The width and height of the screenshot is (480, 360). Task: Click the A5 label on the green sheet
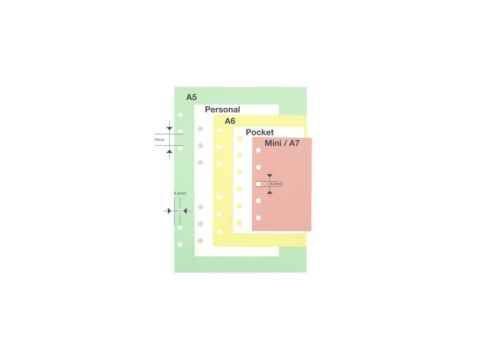[x=191, y=97]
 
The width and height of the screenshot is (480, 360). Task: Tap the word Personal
[x=222, y=110]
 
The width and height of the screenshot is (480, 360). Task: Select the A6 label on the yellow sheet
[x=230, y=121]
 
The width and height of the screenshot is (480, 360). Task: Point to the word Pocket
[x=260, y=132]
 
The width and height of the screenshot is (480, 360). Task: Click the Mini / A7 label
[x=282, y=143]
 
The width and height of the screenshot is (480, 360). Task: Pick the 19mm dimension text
[x=159, y=140]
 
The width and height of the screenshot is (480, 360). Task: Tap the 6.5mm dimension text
[x=180, y=193]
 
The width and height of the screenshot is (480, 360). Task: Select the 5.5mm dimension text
[x=277, y=184]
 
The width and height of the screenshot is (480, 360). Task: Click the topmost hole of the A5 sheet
[x=180, y=114]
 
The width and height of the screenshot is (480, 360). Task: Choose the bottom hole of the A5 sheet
[x=180, y=244]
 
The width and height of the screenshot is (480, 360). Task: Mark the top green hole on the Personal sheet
[x=200, y=128]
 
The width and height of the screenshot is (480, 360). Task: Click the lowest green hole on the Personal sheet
[x=200, y=240]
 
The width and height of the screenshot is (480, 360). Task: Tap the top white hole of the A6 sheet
[x=219, y=130]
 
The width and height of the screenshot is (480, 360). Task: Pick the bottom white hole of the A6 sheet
[x=219, y=231]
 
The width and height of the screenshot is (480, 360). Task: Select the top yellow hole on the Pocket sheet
[x=239, y=138]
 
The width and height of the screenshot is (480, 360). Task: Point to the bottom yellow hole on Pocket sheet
[x=239, y=223]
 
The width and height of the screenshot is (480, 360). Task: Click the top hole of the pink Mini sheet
[x=258, y=150]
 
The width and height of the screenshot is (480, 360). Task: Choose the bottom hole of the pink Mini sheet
[x=258, y=217]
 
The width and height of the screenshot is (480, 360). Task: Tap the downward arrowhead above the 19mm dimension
[x=169, y=128]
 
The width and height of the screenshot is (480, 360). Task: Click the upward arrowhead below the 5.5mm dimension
[x=270, y=192]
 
